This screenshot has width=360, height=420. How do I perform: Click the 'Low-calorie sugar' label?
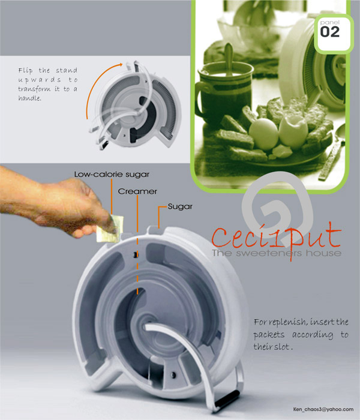pos(112,175)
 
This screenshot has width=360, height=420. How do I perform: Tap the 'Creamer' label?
pos(137,191)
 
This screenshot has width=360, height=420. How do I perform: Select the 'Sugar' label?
pos(180,206)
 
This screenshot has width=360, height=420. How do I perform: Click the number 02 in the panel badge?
pos(330,32)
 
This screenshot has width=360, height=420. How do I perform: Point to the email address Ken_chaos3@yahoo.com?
pos(323,409)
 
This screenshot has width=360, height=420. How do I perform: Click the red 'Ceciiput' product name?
pos(276,237)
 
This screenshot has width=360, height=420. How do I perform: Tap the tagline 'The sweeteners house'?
pos(277,253)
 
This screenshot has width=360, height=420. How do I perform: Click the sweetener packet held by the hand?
pos(110,229)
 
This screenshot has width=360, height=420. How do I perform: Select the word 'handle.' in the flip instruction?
pos(29,98)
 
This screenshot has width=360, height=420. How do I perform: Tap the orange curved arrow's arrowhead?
pos(121,65)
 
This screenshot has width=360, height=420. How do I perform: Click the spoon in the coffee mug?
pos(229,58)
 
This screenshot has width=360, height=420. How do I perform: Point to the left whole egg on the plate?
pos(263,133)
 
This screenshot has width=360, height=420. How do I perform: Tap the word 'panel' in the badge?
pos(329,23)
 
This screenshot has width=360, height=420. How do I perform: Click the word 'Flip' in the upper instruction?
pos(25,71)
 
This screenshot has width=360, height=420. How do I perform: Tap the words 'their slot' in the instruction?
pos(271,347)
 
